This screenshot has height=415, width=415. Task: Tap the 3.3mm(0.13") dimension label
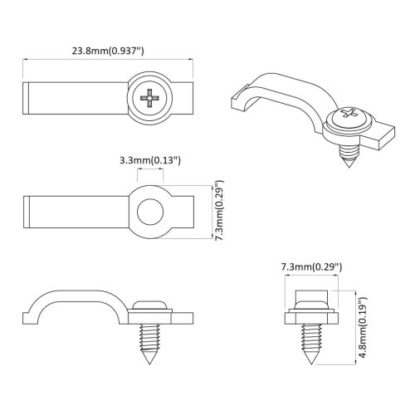[x=150, y=158]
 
